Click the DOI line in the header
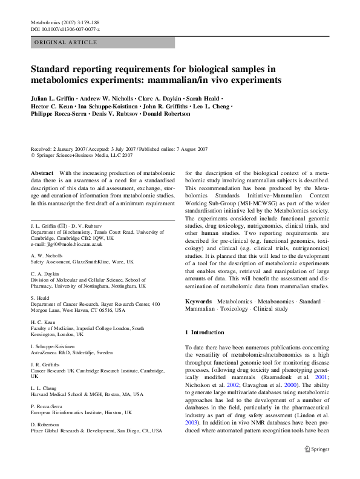pyautogui.click(x=65, y=29)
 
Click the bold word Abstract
pyautogui.click(x=42, y=173)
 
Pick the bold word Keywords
pyautogui.click(x=198, y=301)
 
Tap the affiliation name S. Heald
pyautogui.click(x=41, y=298)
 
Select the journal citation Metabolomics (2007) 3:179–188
pyautogui.click(x=65, y=22)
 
